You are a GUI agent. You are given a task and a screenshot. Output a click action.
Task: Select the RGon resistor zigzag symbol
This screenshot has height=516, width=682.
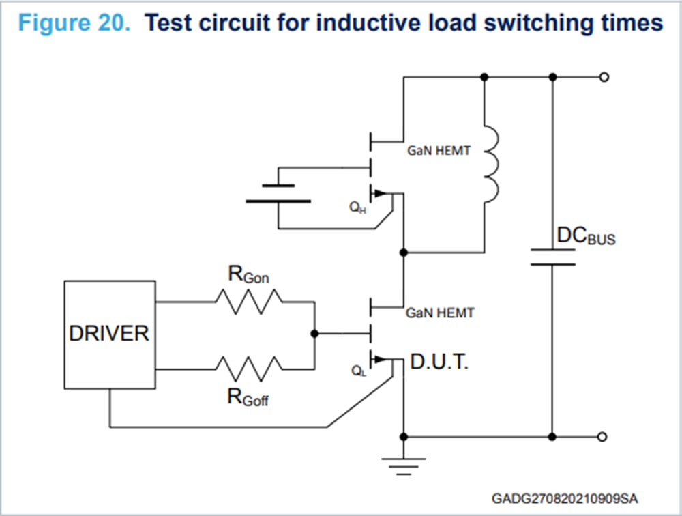tap(249, 301)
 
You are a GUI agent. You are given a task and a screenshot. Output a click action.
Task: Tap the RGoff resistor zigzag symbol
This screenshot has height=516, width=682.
tap(249, 369)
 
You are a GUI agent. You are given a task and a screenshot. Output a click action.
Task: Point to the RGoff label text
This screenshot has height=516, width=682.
tap(248, 397)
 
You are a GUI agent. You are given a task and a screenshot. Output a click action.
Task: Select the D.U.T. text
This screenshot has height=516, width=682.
tap(439, 363)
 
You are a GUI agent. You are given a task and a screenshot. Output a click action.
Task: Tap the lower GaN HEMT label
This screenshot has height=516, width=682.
tap(439, 313)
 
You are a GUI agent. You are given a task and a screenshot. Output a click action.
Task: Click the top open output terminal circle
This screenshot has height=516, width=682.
tap(602, 77)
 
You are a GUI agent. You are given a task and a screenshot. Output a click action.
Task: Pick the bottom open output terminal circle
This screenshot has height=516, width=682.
tap(602, 436)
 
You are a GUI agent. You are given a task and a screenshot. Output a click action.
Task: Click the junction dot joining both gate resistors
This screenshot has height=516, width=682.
tap(314, 334)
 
